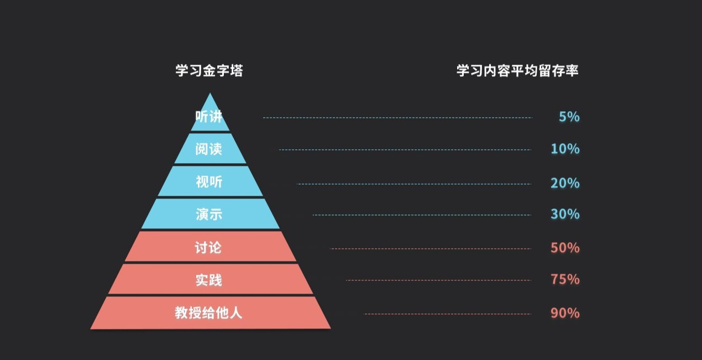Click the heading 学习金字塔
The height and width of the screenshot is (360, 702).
tap(209, 71)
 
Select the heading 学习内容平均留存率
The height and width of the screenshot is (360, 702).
tap(517, 71)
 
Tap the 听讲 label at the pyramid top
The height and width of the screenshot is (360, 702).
tap(209, 117)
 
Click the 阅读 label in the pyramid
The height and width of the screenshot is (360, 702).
tap(209, 149)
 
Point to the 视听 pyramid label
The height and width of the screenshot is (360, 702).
tap(209, 181)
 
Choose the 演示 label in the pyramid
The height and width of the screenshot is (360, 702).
tap(209, 214)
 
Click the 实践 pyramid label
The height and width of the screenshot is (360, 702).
tap(208, 280)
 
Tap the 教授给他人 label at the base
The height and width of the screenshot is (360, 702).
tap(208, 313)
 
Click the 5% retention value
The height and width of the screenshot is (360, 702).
tap(569, 117)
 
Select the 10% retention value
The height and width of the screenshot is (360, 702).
tap(565, 149)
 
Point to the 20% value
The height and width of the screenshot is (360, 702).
tap(565, 182)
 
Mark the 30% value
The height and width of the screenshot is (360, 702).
tap(565, 214)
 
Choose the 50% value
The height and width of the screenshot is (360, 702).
tap(565, 248)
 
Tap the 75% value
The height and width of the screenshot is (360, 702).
tap(565, 279)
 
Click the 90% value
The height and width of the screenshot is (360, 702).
tap(565, 313)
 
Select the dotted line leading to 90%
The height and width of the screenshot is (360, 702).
tap(447, 314)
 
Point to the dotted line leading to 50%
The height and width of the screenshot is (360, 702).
tap(431, 249)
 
